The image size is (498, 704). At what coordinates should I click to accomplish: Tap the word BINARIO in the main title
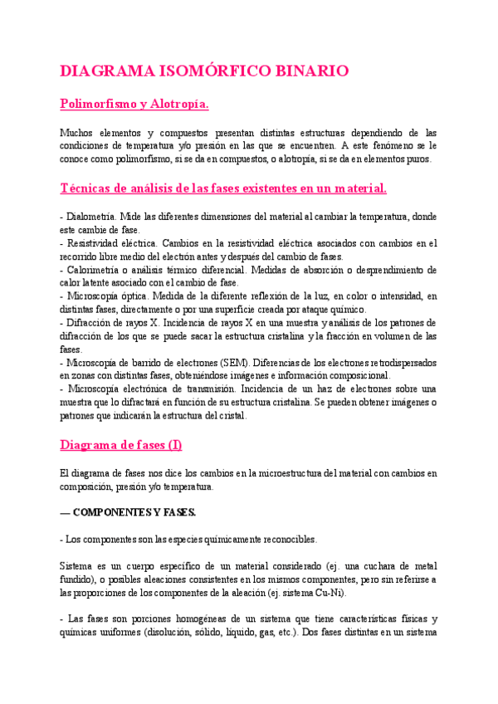308,71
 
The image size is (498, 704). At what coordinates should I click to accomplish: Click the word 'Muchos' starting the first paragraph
77,133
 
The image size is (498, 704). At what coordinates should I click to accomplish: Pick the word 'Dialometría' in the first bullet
94,217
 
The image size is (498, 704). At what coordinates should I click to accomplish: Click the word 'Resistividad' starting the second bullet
93,243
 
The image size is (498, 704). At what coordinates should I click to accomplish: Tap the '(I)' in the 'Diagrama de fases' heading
174,445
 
